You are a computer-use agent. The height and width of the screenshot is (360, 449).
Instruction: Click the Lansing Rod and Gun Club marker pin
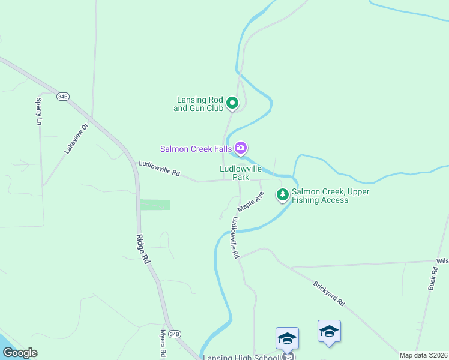click(233, 104)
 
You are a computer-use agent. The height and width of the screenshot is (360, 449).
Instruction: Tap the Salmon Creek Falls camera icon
click(241, 148)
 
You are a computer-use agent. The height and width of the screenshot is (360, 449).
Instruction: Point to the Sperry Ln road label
click(40, 111)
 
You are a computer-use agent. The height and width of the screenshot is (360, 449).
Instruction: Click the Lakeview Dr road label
click(76, 138)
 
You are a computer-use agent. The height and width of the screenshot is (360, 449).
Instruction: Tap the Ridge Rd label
click(143, 249)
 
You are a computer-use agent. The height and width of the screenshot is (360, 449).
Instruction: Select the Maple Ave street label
click(250, 201)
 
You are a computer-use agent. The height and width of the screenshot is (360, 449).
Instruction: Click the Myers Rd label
click(163, 343)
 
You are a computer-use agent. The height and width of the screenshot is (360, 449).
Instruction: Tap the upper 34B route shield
click(63, 96)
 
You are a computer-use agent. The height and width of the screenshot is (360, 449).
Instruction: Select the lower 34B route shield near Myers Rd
click(174, 334)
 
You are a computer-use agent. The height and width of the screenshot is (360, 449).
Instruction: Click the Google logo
click(20, 353)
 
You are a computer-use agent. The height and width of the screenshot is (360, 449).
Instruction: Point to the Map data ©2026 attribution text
click(423, 355)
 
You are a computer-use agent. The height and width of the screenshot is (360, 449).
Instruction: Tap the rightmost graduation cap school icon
click(329, 331)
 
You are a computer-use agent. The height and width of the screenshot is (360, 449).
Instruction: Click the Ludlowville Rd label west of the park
click(160, 168)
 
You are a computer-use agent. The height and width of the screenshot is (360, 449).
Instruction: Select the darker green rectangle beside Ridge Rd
click(155, 205)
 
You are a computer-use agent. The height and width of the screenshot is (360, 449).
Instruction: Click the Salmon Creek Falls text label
click(196, 149)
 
